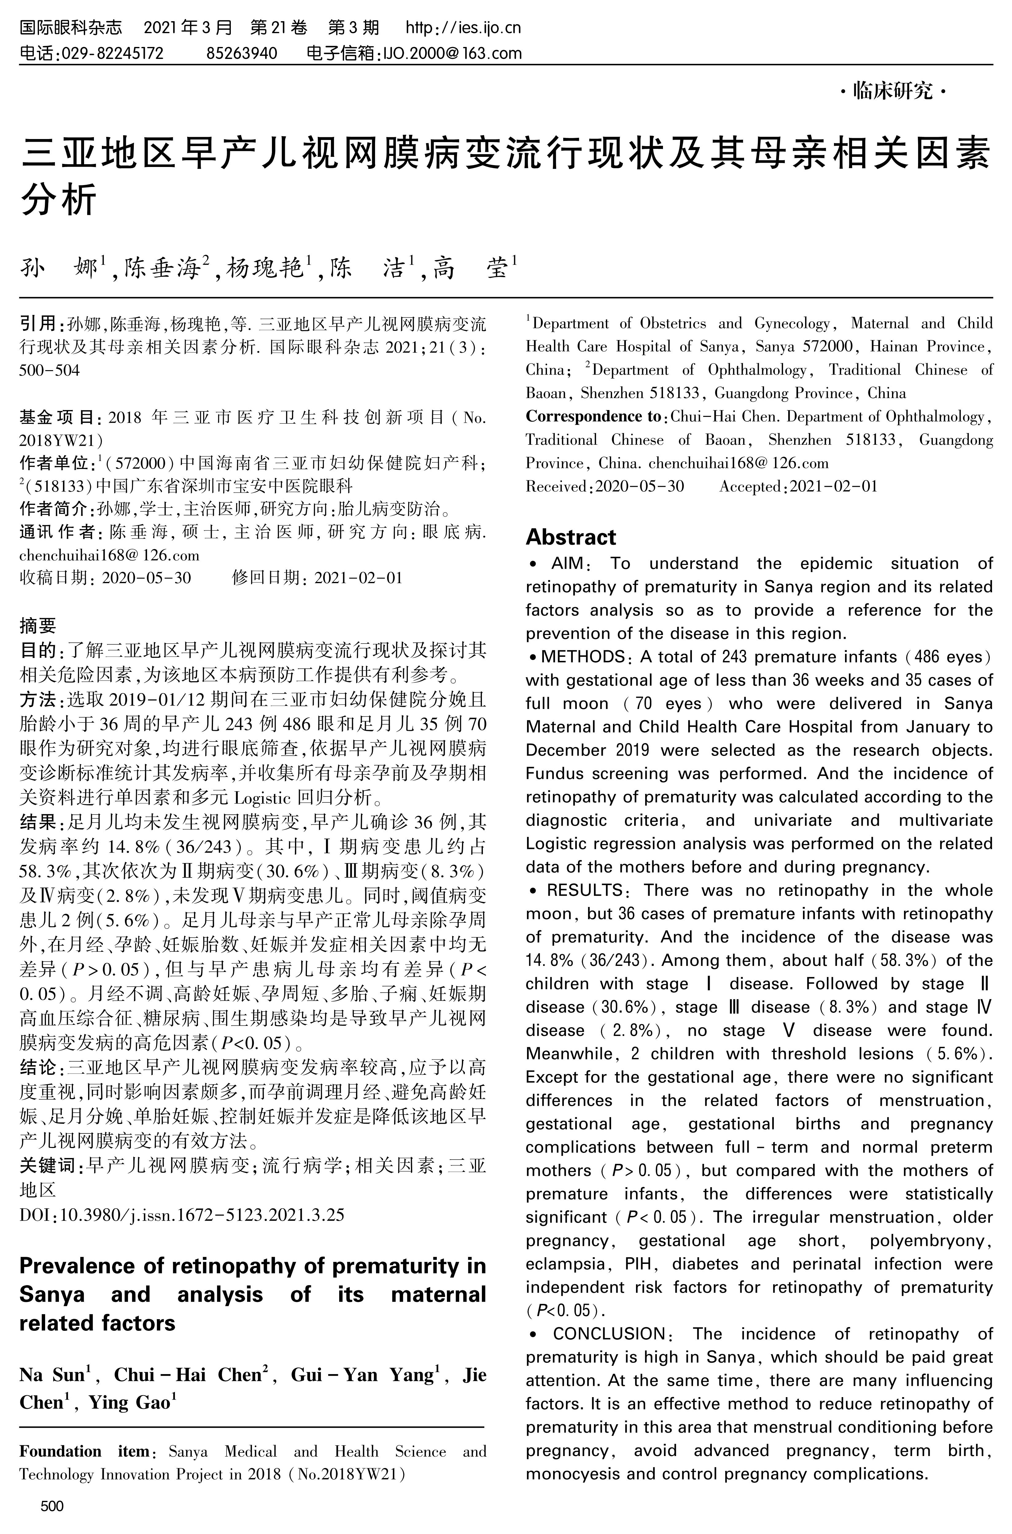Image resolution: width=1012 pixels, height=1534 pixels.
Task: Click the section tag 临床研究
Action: tap(894, 92)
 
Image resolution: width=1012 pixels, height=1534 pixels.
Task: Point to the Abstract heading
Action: tap(571, 537)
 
